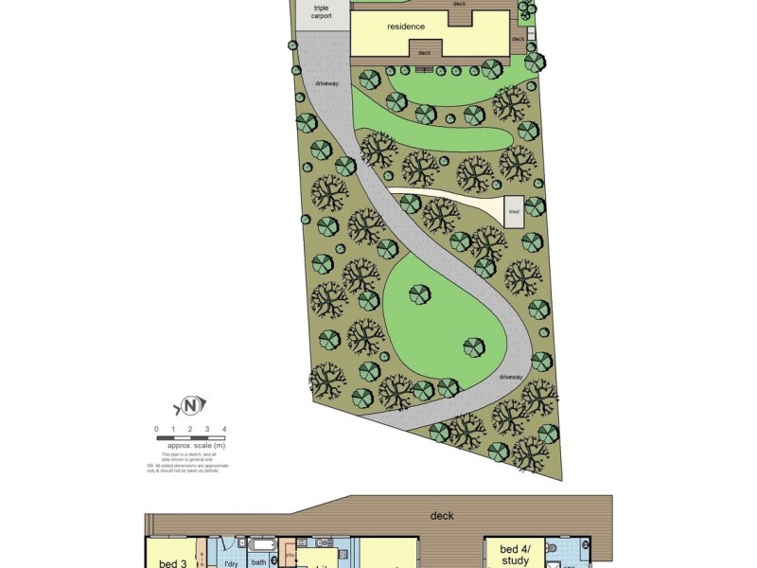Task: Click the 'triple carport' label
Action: click(x=321, y=12)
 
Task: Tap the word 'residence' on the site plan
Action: click(x=406, y=27)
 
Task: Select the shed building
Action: click(x=513, y=210)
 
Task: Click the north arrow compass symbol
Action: click(x=189, y=407)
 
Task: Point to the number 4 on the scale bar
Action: click(x=223, y=430)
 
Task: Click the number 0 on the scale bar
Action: click(x=157, y=430)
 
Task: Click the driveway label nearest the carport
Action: click(x=326, y=84)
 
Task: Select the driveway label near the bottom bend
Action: click(x=510, y=377)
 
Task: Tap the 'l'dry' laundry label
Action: click(x=228, y=563)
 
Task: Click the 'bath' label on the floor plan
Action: click(x=259, y=562)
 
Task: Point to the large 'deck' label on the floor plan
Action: click(x=442, y=516)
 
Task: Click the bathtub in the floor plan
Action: click(x=261, y=546)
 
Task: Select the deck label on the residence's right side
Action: click(x=518, y=39)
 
